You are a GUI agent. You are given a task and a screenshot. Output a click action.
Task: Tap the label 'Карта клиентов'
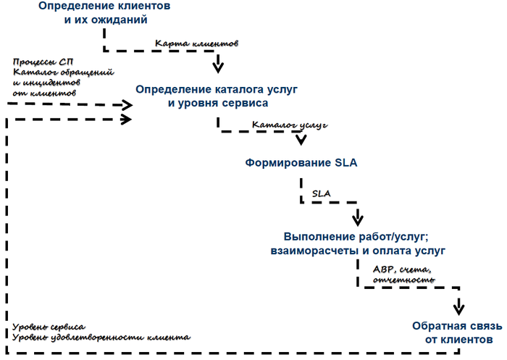click(196, 43)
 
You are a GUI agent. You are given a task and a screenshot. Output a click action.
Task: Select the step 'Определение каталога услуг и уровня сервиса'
click(217, 96)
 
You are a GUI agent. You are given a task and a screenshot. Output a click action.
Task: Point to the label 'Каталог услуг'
click(290, 125)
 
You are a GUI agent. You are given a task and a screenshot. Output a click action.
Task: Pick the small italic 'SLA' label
click(322, 194)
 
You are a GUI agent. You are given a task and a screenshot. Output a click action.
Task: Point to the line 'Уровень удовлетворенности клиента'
click(101, 337)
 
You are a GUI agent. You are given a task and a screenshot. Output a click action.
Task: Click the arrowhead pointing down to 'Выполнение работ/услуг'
click(357, 218)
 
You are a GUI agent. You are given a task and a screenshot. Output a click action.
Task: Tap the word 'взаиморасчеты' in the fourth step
click(301, 251)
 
